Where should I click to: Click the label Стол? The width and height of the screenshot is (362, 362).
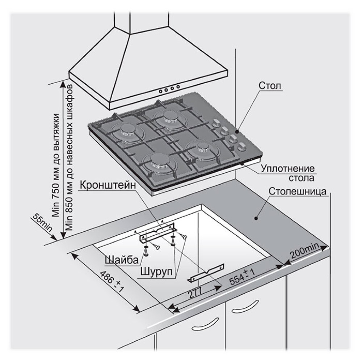point(270,86)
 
